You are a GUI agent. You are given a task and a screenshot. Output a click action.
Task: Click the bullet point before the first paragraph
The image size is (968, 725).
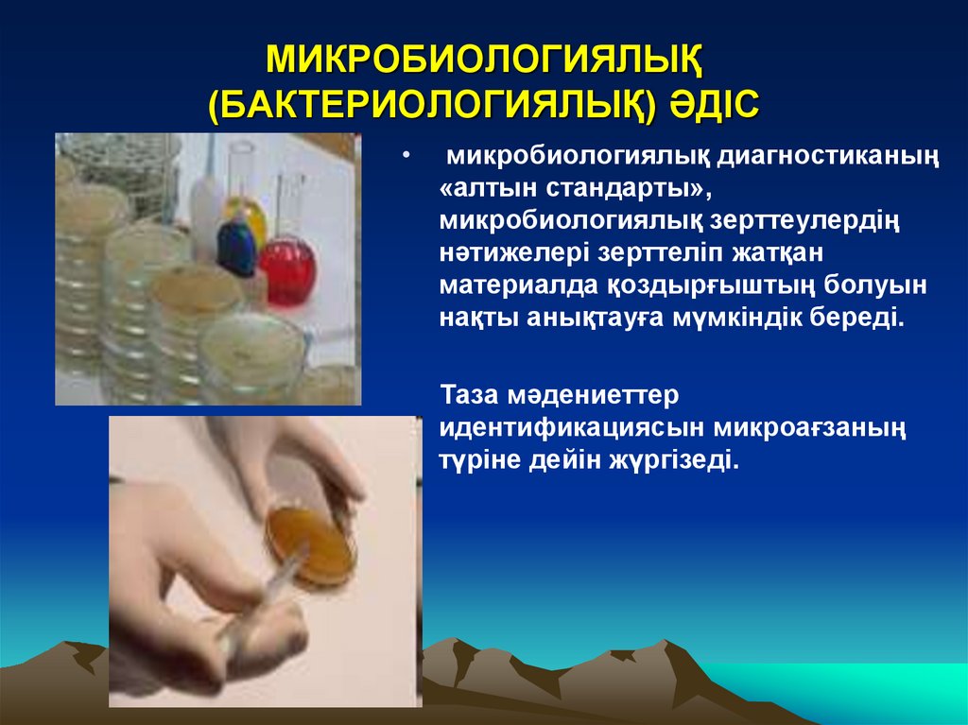point(406,154)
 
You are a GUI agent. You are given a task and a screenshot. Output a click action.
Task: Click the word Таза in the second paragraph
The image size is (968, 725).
point(474,392)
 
